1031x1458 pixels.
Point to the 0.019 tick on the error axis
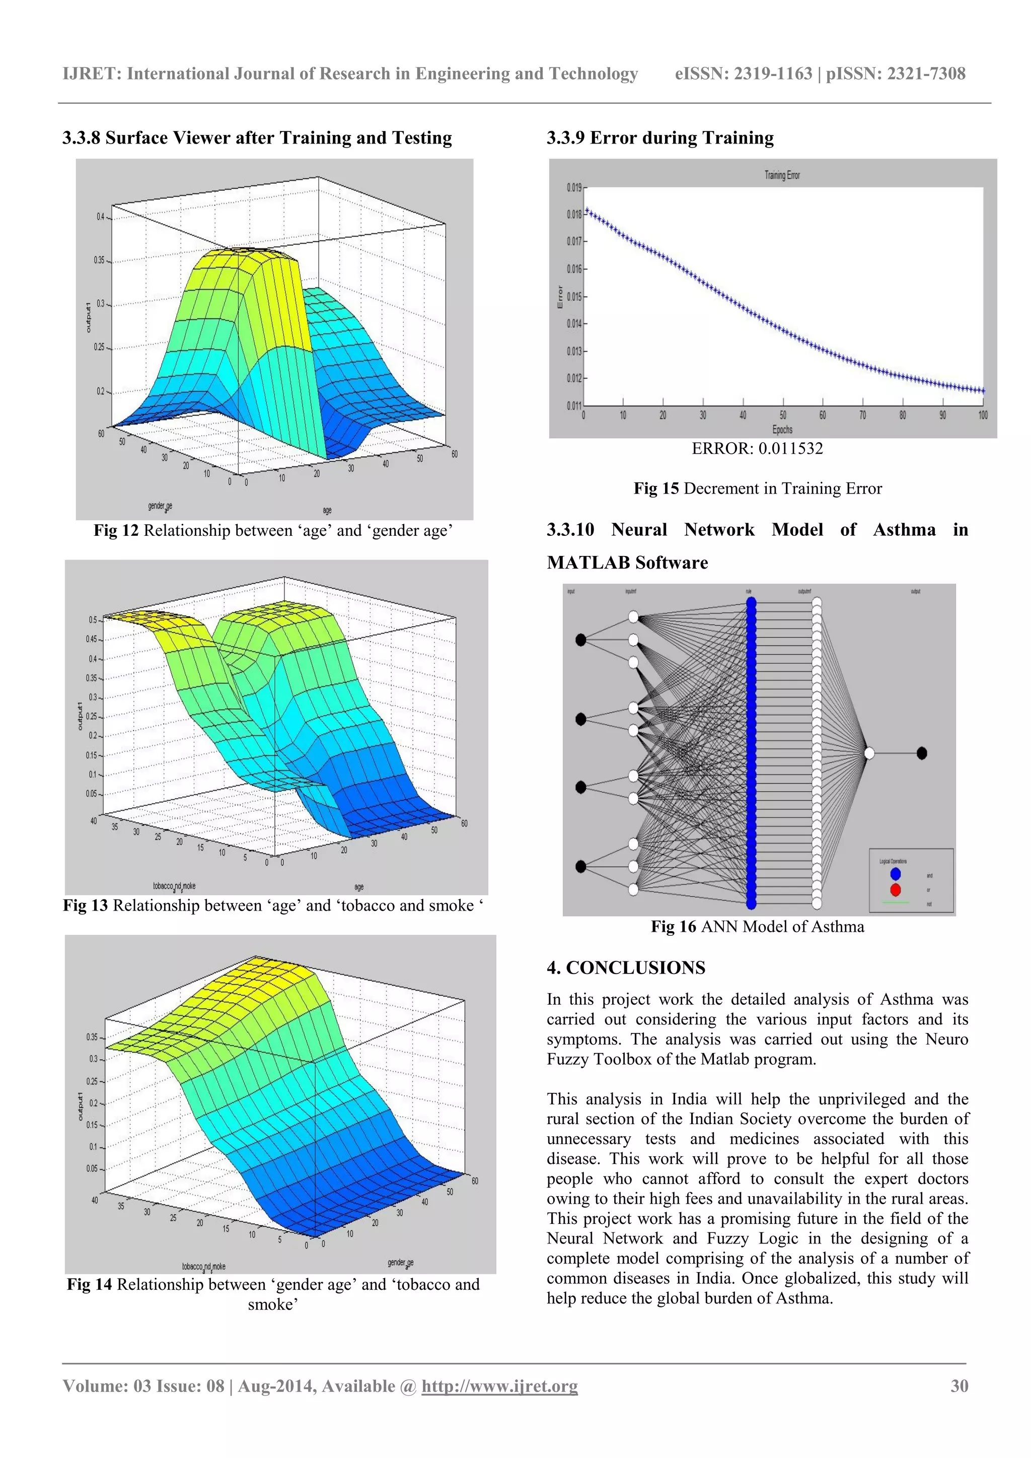[574, 187]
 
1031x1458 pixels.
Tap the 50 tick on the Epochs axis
[783, 415]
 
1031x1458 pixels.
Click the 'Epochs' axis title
[782, 430]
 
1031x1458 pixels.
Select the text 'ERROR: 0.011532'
[757, 449]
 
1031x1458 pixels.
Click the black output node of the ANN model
[922, 753]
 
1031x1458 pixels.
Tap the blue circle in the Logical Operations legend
[895, 874]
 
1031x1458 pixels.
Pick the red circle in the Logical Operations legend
[895, 889]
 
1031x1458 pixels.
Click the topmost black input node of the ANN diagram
[580, 640]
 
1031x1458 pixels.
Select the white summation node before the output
[869, 753]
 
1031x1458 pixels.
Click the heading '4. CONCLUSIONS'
[626, 968]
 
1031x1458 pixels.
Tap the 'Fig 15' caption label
[656, 489]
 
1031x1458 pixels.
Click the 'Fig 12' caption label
[116, 530]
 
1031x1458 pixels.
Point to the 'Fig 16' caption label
[673, 927]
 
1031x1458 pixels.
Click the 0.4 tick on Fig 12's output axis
[100, 217]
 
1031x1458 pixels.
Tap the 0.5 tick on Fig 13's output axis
[93, 620]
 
